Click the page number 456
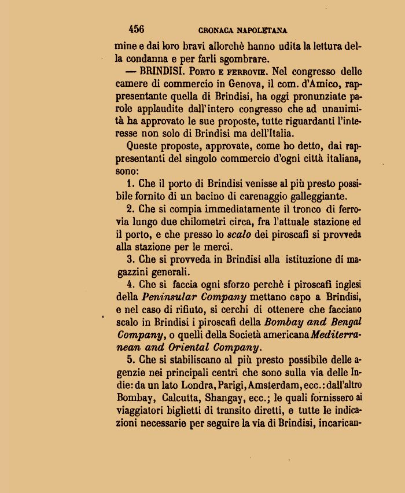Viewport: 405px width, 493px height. coord(137,30)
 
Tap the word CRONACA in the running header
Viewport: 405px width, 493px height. coord(216,31)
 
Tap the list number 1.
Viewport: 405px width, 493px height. coord(130,183)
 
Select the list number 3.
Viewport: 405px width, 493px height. coord(130,259)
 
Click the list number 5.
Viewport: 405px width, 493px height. coord(130,359)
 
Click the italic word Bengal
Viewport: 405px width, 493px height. coord(343,322)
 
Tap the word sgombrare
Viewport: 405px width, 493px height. coord(244,59)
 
